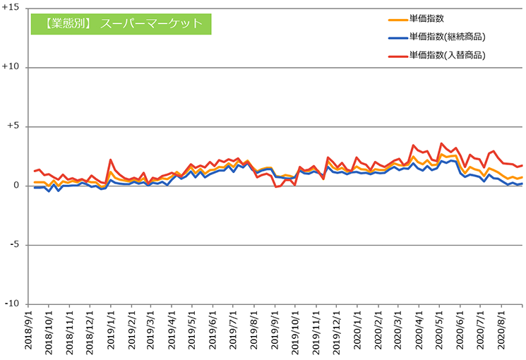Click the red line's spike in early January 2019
(111, 160)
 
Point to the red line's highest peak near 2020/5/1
(441, 143)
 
